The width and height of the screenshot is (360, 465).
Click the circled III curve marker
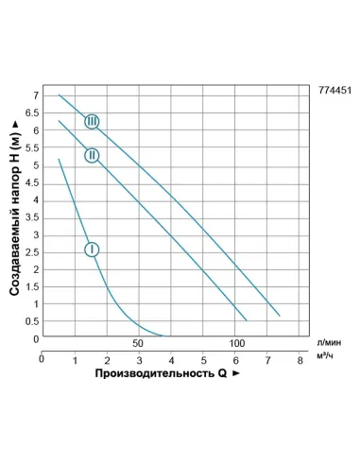tap(92, 121)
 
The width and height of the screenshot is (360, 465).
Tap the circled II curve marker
tap(92, 155)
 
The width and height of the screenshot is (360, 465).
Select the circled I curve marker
tap(92, 250)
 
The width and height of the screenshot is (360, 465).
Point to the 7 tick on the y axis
tap(35, 96)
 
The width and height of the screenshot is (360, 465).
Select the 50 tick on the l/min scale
tap(137, 343)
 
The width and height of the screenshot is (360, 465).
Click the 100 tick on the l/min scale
tap(237, 343)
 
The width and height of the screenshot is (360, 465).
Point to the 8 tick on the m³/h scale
tap(299, 360)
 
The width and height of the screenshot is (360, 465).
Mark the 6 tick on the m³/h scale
tap(234, 360)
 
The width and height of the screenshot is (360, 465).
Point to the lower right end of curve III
tap(280, 315)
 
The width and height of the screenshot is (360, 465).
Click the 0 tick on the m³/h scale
tap(42, 360)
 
